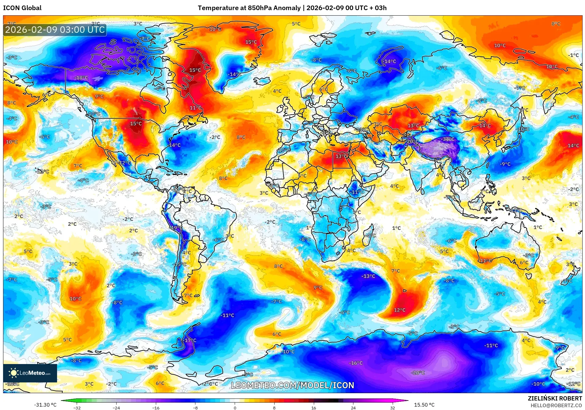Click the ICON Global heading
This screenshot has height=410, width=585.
click(22, 8)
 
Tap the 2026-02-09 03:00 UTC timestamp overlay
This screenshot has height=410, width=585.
click(55, 30)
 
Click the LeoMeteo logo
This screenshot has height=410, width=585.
click(30, 373)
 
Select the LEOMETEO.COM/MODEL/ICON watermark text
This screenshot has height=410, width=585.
click(292, 385)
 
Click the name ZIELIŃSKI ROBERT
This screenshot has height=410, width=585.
click(555, 398)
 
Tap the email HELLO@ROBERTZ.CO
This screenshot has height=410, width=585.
click(556, 405)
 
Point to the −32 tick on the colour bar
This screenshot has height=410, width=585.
click(77, 408)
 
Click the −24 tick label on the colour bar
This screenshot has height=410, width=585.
click(116, 408)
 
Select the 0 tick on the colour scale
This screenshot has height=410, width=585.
click(235, 408)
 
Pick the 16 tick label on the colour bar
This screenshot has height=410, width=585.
click(314, 408)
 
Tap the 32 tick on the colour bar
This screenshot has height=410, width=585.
click(392, 408)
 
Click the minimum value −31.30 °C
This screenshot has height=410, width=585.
click(45, 405)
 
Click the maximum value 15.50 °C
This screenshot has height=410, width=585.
click(424, 405)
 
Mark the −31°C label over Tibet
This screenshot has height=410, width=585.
click(448, 139)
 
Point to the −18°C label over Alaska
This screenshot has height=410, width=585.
click(81, 78)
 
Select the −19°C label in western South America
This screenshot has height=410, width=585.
click(176, 228)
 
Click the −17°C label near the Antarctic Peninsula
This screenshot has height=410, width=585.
click(190, 340)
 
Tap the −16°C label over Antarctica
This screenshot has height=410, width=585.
click(356, 363)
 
